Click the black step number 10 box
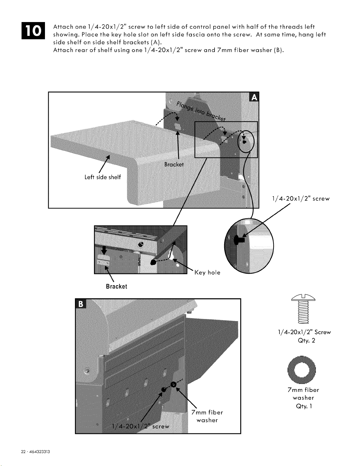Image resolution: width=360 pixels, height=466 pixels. click(33, 31)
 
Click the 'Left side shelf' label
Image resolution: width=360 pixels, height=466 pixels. click(103, 177)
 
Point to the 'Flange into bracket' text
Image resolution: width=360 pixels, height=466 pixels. click(201, 111)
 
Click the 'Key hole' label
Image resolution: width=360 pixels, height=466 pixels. click(207, 273)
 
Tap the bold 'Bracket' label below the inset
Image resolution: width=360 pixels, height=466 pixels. click(117, 286)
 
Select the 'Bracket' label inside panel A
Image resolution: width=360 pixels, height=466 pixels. click(174, 164)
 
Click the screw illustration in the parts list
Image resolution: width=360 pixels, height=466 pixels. click(303, 309)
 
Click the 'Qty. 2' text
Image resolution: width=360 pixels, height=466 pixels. click(307, 341)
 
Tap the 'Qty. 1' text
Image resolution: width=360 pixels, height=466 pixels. click(304, 406)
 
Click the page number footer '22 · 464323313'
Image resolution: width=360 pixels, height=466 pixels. click(35, 451)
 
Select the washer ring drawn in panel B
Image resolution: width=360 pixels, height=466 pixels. click(174, 385)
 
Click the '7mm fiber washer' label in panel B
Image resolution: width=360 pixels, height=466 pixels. click(207, 416)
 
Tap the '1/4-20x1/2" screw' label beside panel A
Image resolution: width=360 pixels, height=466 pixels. click(301, 198)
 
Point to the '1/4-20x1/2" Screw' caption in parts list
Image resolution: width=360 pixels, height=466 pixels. click(304, 332)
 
